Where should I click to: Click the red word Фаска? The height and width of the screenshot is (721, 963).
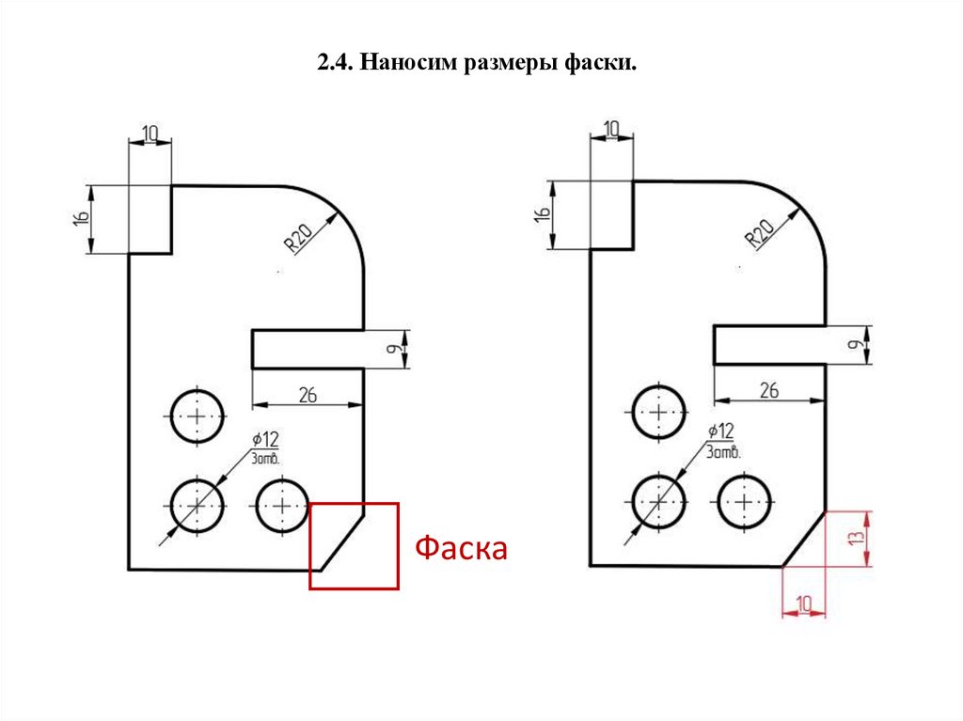coord(462,548)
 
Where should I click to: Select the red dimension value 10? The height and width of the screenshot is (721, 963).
coord(804,602)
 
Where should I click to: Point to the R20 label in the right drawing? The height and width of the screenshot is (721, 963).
coord(759,232)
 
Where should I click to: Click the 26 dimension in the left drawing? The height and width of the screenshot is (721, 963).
coord(308,395)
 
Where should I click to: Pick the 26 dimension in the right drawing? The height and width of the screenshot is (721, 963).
coord(769,390)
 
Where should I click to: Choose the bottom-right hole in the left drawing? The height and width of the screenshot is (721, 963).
coord(283,505)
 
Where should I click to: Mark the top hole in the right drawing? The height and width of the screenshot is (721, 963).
coord(658,411)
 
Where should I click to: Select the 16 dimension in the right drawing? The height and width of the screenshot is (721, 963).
coord(542,215)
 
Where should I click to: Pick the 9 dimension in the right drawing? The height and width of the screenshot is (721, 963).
coord(855,345)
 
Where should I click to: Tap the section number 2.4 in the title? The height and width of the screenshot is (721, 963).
coord(334,64)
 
